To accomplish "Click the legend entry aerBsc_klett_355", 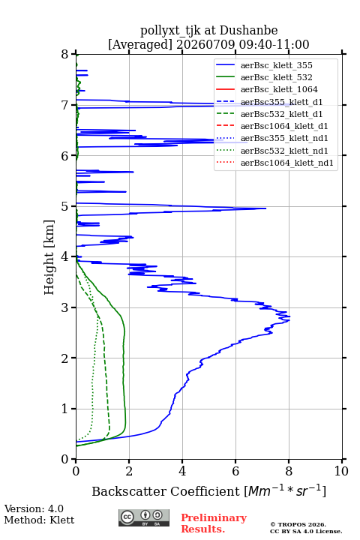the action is tap(276, 65).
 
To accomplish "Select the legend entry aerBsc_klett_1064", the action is tap(279, 89).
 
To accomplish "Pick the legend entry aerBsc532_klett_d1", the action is tap(281, 114).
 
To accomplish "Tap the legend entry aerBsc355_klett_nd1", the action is tap(284, 138).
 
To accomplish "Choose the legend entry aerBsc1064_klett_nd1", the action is tap(287, 163).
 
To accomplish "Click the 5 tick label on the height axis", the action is tap(65, 206).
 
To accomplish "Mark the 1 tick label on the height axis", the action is tap(65, 409).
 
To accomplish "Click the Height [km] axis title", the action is tap(49, 257).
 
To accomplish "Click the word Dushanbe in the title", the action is tap(248, 31).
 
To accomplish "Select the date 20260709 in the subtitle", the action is tap(205, 44).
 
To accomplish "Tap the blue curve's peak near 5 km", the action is tap(265, 208).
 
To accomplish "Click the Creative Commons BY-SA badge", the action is tap(144, 517).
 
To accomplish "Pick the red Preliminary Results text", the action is tap(214, 523).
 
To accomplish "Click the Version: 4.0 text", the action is tap(34, 508).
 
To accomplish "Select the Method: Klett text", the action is tap(39, 520).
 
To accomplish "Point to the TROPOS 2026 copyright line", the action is tap(298, 524).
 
